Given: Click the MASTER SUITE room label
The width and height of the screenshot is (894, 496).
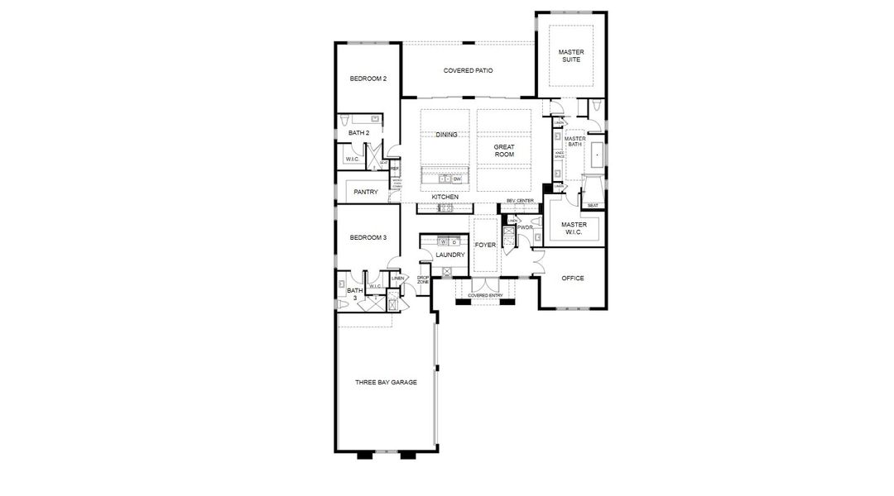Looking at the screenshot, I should [x=570, y=55].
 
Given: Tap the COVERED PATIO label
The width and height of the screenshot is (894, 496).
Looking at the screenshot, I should [x=468, y=71].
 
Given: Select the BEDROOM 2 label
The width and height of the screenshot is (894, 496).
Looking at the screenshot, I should [x=368, y=79].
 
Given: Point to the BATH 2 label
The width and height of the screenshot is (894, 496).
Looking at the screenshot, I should [x=358, y=132].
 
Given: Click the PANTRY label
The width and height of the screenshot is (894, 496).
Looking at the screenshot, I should [x=366, y=192].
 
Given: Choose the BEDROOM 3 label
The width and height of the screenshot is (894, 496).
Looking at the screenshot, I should [x=368, y=237].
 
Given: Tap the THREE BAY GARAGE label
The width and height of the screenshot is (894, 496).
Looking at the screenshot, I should [x=386, y=383].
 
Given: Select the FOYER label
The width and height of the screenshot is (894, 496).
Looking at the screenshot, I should [x=485, y=246].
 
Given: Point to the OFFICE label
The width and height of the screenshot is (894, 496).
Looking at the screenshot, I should [x=573, y=279].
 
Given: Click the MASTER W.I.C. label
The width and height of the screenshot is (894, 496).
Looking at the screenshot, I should [x=574, y=228].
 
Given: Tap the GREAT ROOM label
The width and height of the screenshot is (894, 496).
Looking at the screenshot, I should [x=504, y=151].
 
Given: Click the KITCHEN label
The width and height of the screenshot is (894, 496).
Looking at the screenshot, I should [x=445, y=197].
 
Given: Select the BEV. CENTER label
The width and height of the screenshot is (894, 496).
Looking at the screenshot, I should [x=521, y=201].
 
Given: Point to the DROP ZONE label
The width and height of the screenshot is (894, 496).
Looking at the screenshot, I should [x=423, y=280].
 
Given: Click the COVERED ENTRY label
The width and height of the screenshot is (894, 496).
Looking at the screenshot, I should [x=485, y=295].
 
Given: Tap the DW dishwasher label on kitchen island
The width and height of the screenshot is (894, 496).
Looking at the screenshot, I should [x=457, y=179].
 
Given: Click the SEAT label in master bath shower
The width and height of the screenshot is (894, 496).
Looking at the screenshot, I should [x=593, y=205].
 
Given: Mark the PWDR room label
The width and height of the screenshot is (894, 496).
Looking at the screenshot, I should [x=525, y=227].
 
